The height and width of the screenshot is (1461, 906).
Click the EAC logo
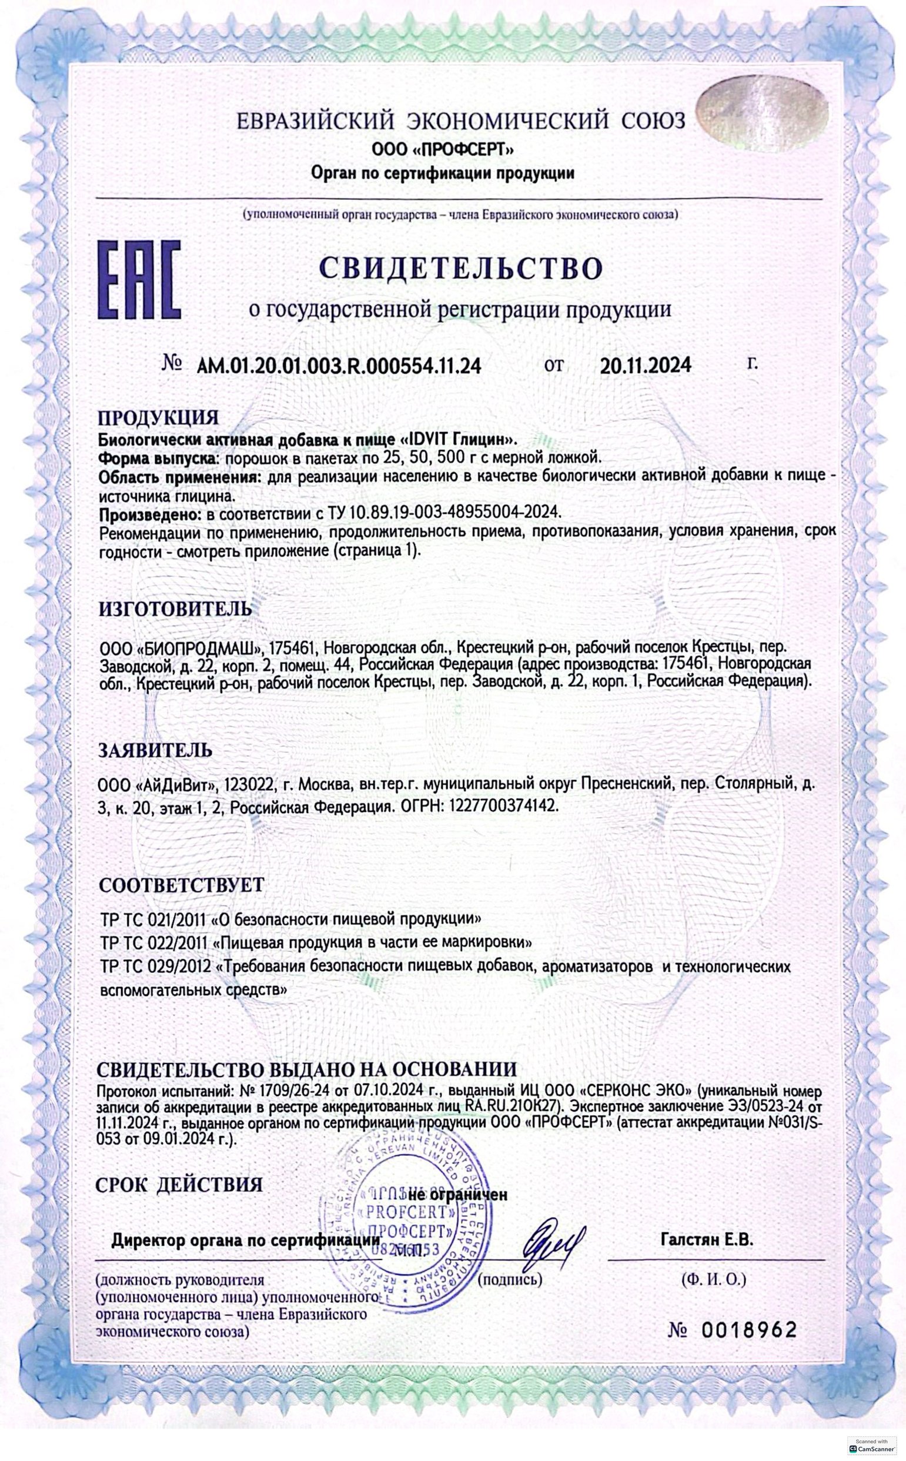(x=139, y=279)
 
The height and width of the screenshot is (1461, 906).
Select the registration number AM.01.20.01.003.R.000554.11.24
(x=339, y=366)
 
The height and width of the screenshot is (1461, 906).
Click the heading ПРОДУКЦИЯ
(x=159, y=417)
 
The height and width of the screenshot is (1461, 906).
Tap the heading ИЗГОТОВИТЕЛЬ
(x=175, y=609)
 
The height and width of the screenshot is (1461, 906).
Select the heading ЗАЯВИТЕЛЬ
(x=155, y=750)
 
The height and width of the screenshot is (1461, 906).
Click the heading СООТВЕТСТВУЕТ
(x=181, y=885)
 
